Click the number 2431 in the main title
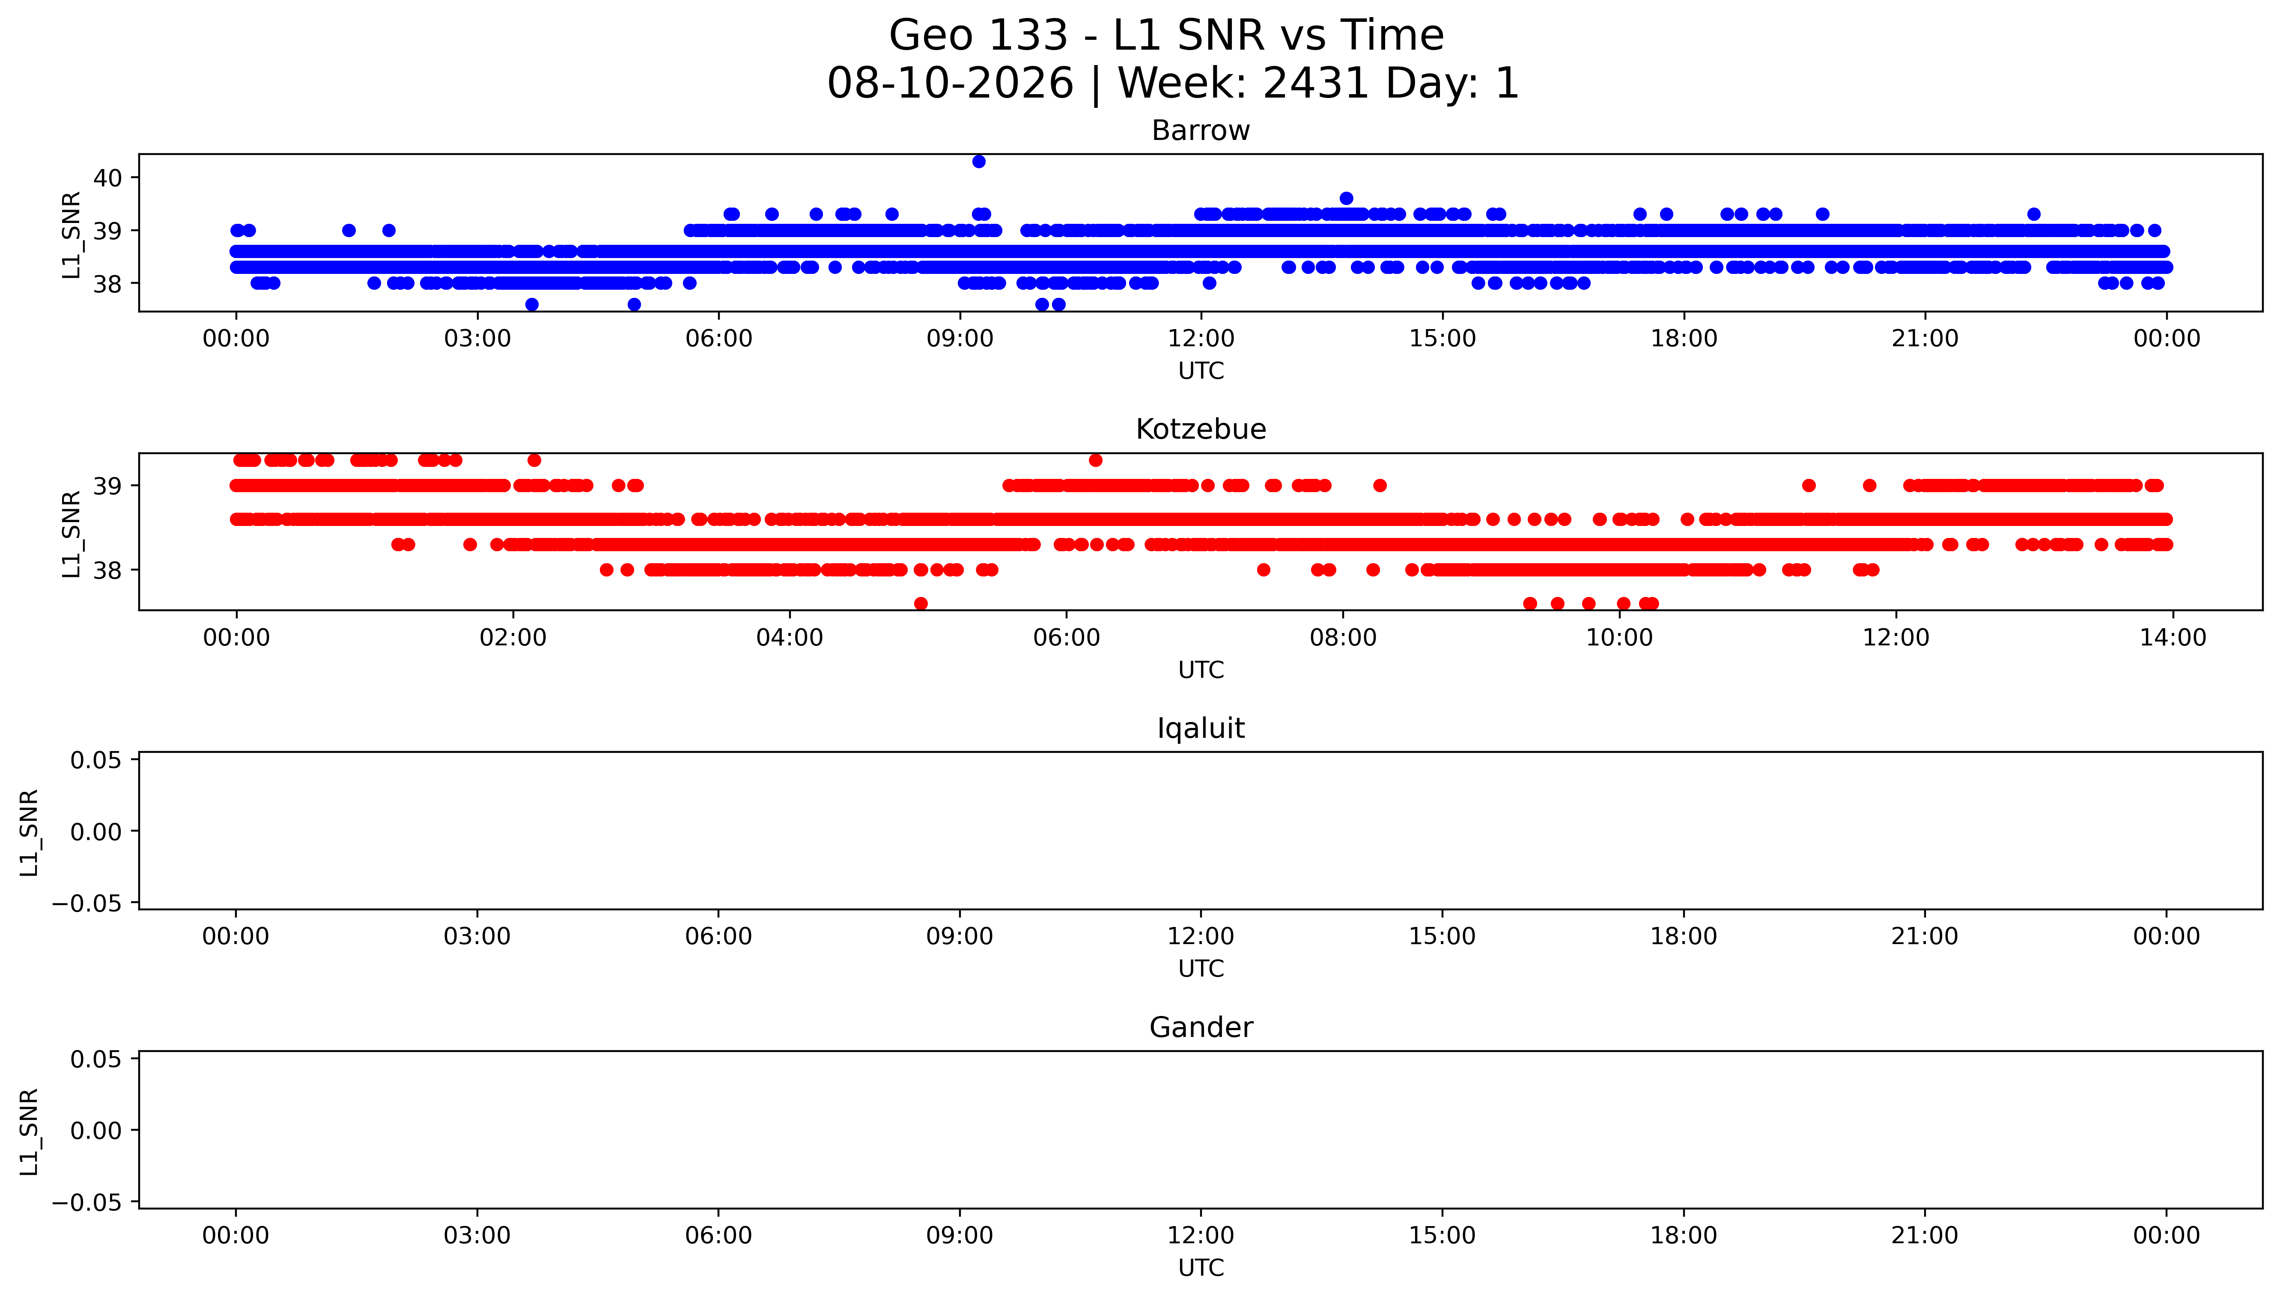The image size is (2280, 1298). (x=1315, y=84)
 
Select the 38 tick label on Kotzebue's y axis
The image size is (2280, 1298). (x=108, y=570)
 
